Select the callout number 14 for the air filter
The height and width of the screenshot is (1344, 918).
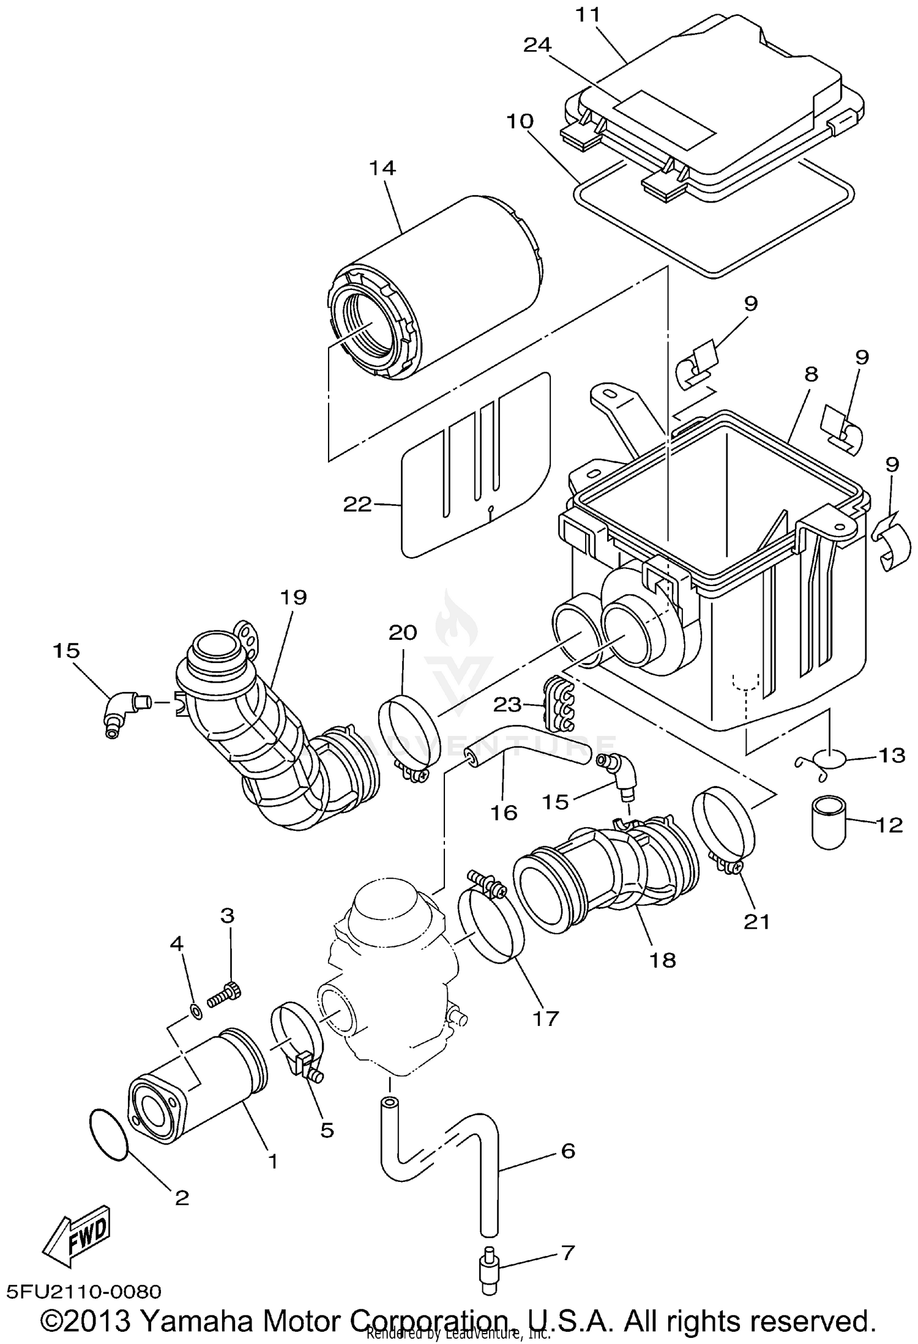(x=382, y=168)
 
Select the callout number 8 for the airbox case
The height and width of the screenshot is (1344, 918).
(x=810, y=374)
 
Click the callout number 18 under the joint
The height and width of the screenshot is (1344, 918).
(x=663, y=960)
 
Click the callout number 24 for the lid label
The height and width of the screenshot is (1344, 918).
(x=537, y=44)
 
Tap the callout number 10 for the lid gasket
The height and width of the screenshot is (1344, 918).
(x=520, y=121)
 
